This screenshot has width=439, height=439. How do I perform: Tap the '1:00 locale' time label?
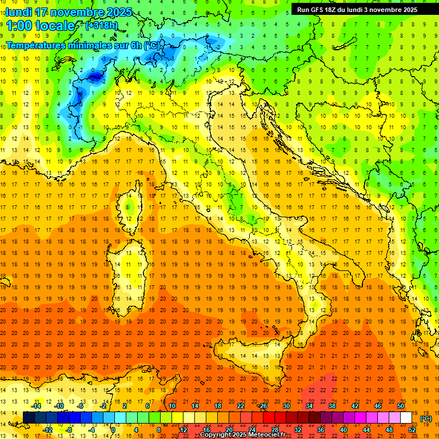(x=41, y=26)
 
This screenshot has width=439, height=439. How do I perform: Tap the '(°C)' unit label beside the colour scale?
(x=426, y=418)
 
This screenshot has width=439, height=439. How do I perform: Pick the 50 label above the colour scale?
(x=401, y=406)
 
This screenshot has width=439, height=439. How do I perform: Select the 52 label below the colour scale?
(x=412, y=430)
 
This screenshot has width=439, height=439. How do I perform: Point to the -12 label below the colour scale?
(x=48, y=430)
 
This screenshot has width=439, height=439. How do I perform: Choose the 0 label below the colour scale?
(x=113, y=430)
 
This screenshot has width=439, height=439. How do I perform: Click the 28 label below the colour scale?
(x=275, y=430)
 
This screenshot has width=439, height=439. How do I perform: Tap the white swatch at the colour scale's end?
(x=406, y=418)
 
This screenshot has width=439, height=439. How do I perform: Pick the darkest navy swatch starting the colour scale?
(x=29, y=418)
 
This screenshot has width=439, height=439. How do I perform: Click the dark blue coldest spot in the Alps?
(x=94, y=75)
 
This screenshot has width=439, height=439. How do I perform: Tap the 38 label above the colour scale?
(x=332, y=406)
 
